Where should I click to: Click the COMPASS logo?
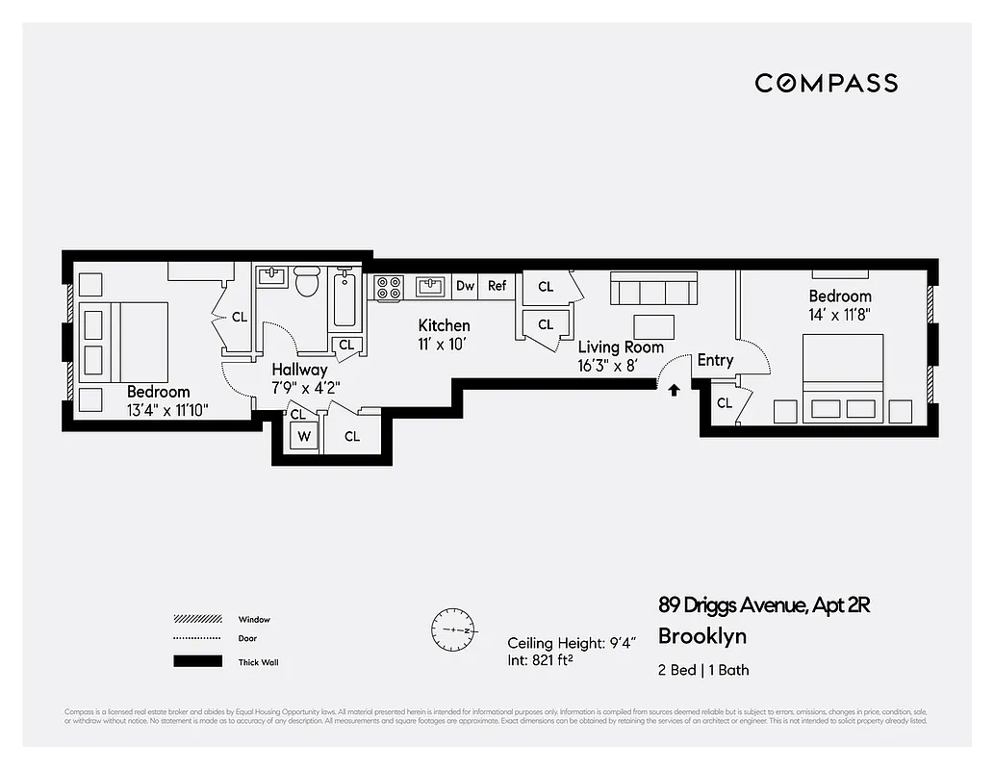826,83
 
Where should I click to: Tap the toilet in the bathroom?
307,281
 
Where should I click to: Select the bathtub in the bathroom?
345,298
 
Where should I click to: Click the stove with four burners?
389,287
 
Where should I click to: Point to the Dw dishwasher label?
466,286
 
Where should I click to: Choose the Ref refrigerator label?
497,286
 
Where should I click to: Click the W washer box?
304,436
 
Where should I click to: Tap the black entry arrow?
674,390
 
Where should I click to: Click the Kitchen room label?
444,325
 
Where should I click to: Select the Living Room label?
621,347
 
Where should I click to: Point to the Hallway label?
299,369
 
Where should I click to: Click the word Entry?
715,360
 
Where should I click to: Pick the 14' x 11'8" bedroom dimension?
840,314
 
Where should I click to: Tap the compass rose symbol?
452,629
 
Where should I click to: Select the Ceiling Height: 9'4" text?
571,643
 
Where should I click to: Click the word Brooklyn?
702,636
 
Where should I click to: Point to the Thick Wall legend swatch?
197,661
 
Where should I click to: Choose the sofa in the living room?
654,288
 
